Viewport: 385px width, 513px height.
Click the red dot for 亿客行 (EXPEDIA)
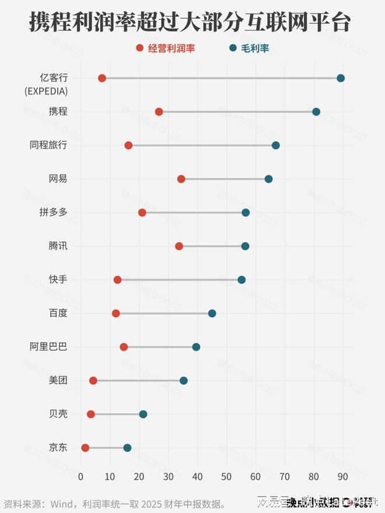pos(102,78)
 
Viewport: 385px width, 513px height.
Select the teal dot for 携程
pos(316,112)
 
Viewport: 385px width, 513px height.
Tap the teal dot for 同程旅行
pos(276,145)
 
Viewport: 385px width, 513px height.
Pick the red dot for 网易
pos(181,179)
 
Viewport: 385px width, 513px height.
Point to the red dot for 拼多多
pos(142,213)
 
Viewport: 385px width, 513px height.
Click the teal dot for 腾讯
pos(245,247)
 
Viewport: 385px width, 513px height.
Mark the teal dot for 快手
pos(242,280)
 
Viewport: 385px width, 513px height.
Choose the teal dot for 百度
pos(212,314)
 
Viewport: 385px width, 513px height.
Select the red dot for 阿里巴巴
pos(124,347)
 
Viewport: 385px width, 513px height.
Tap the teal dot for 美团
pos(184,381)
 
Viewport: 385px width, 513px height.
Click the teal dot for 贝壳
pos(143,414)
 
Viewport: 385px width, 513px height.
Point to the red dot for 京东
pos(85,448)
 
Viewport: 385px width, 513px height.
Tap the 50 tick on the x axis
pos(226,477)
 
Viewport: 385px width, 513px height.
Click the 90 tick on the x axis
pos(342,477)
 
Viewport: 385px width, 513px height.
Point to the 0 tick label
pos(81,477)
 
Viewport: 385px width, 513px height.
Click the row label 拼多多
pos(53,213)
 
